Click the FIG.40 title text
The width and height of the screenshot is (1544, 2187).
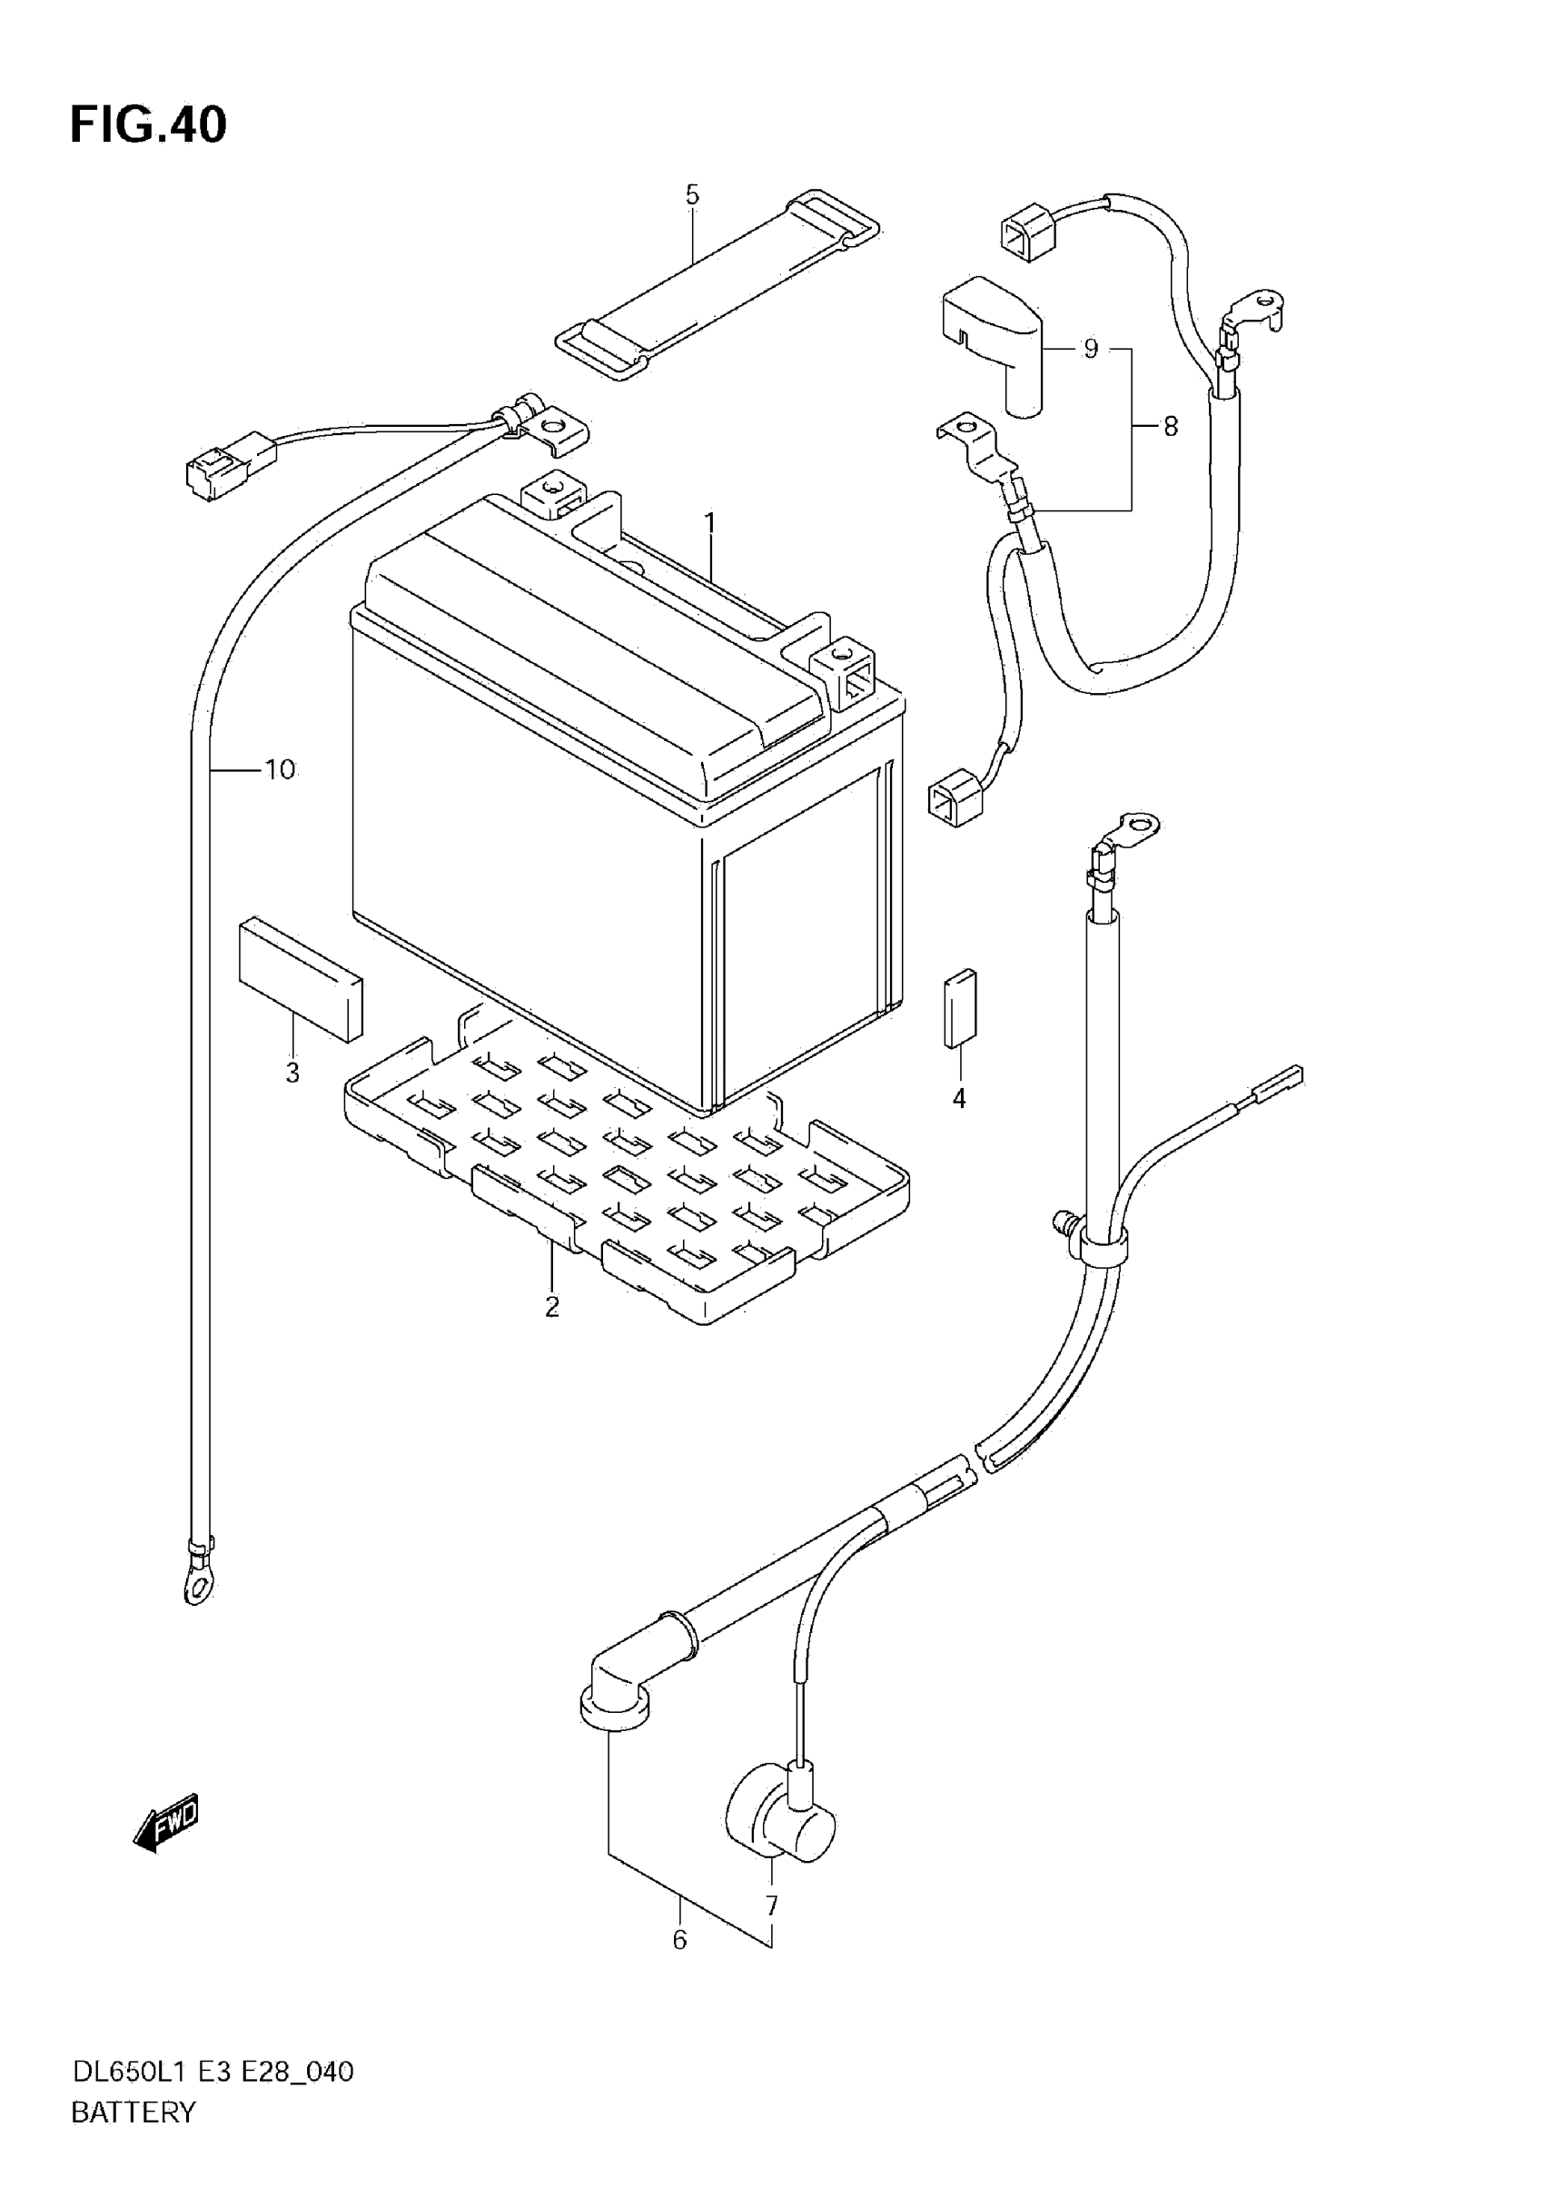[x=149, y=124]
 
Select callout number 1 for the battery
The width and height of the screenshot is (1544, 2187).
[x=709, y=523]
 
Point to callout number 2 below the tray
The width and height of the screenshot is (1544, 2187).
[x=552, y=1308]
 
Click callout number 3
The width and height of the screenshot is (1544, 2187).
[x=292, y=1074]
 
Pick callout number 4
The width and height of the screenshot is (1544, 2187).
[x=959, y=1098]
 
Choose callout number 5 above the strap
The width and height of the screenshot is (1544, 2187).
[x=692, y=195]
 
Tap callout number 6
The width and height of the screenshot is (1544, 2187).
[x=680, y=1940]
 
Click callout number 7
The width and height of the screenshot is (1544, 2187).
[x=771, y=1906]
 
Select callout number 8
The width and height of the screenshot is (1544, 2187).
[x=1171, y=427]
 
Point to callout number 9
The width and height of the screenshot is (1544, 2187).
[x=1091, y=350]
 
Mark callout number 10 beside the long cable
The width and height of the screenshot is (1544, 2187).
[x=280, y=769]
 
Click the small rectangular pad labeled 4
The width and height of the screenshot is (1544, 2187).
[x=960, y=1008]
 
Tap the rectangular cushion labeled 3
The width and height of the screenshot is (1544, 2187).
[x=300, y=979]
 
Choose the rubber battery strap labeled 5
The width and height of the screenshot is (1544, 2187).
[x=717, y=285]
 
